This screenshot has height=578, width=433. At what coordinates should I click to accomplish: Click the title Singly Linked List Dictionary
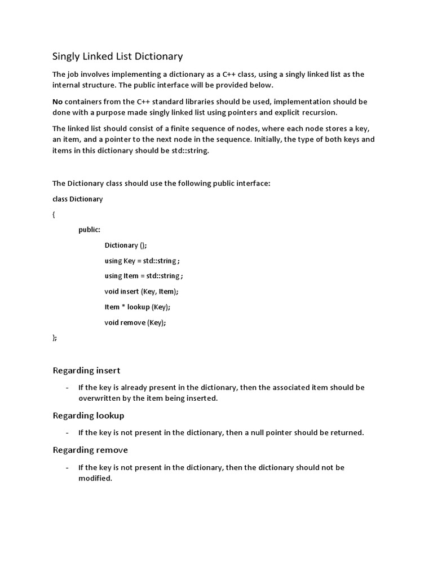(x=118, y=56)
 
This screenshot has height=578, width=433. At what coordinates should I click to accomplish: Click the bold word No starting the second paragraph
(x=58, y=102)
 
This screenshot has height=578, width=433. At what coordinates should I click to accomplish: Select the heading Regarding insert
(x=86, y=370)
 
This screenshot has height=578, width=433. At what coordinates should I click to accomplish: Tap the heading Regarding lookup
(x=89, y=415)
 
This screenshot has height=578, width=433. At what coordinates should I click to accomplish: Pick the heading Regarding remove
(x=90, y=450)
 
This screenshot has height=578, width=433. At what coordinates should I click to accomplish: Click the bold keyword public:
(x=90, y=230)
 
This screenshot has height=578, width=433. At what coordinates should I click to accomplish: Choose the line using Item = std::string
(x=144, y=276)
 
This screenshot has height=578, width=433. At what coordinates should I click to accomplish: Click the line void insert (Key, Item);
(x=142, y=291)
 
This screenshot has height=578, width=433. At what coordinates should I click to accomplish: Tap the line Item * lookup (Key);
(x=137, y=306)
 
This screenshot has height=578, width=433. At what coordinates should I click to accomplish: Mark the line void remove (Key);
(x=135, y=322)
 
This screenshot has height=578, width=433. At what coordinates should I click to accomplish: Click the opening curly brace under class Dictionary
(x=54, y=214)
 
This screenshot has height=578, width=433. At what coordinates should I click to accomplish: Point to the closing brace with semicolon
(x=55, y=338)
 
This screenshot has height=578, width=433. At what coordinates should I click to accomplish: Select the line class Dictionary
(x=78, y=199)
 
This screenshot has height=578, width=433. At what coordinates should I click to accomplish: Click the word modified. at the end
(x=95, y=478)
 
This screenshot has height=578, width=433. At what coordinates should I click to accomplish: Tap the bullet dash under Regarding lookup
(x=67, y=433)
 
